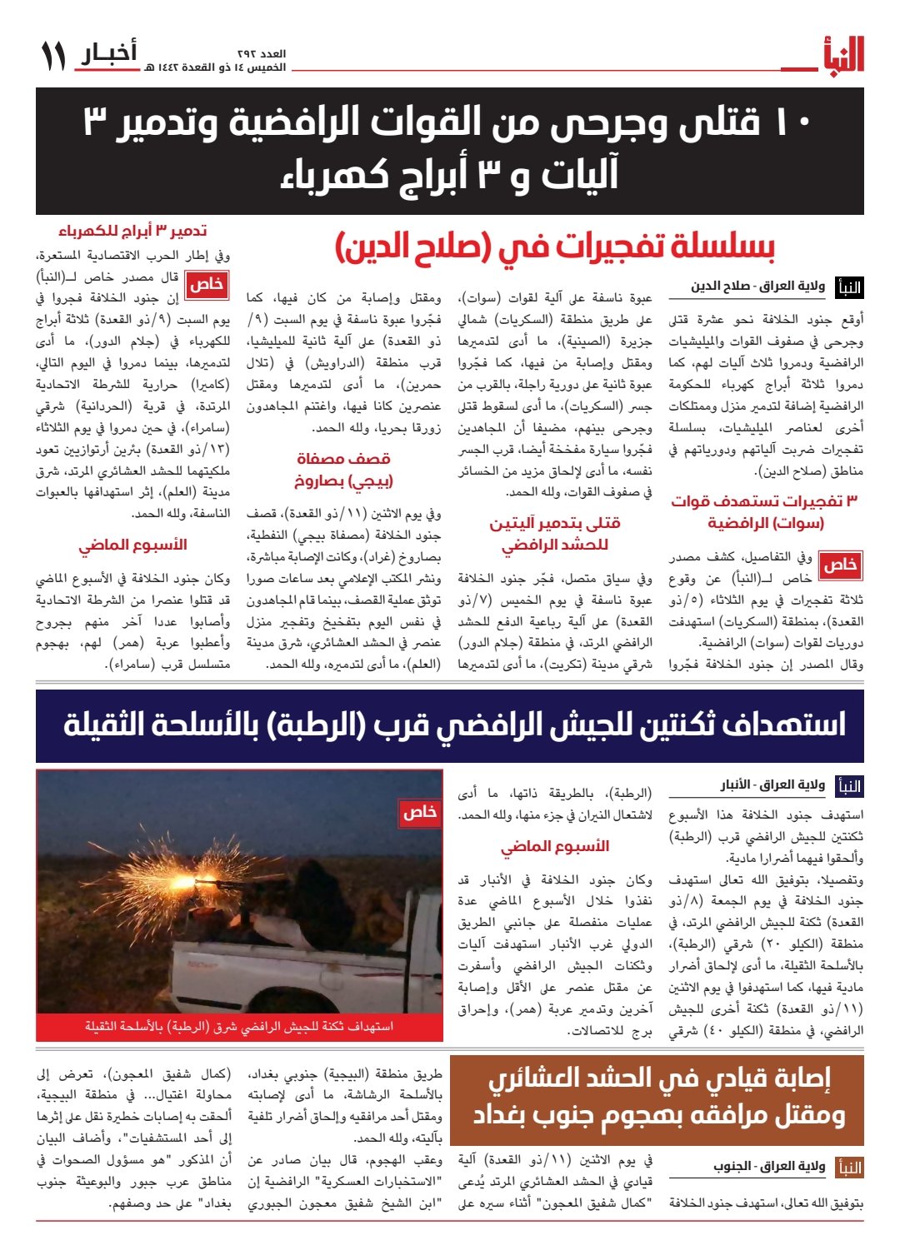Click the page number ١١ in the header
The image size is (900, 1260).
click(53, 57)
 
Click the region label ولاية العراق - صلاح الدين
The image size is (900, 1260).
click(757, 287)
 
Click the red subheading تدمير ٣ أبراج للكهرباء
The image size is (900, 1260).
click(132, 231)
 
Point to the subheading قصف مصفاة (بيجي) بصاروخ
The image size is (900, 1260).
click(343, 470)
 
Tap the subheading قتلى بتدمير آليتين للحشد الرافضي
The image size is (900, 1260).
click(554, 534)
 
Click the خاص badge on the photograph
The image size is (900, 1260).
click(419, 813)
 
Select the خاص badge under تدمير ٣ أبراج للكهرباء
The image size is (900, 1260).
click(206, 285)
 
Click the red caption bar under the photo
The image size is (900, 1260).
click(239, 1027)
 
